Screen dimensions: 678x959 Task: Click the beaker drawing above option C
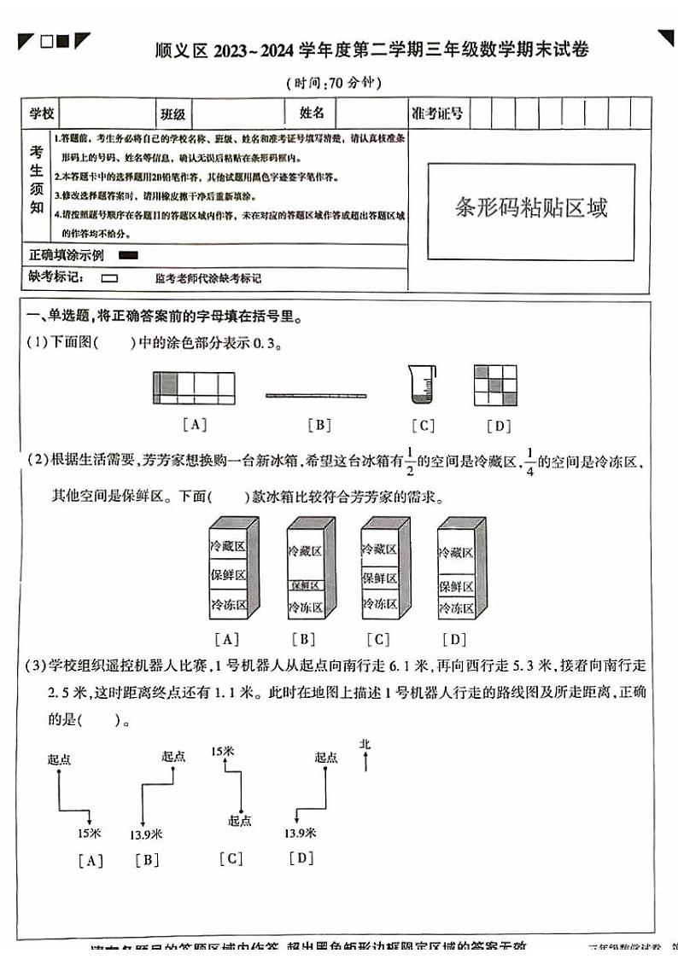(x=422, y=385)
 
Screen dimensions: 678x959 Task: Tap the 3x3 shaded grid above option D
(x=495, y=386)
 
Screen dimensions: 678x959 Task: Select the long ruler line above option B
(x=316, y=395)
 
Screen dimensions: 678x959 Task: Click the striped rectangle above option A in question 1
(x=194, y=387)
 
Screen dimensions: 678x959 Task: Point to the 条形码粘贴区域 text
(x=531, y=207)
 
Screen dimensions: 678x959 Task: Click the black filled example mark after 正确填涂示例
(x=129, y=255)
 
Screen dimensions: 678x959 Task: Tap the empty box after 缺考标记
(x=108, y=278)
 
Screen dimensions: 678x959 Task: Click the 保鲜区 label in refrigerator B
(x=305, y=585)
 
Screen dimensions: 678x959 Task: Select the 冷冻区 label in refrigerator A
(x=228, y=604)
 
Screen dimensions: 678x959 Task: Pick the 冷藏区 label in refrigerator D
(x=455, y=552)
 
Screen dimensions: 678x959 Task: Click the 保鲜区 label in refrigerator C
(x=379, y=578)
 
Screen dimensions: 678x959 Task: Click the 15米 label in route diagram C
(x=222, y=751)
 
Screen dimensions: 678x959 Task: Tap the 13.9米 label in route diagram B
(x=146, y=834)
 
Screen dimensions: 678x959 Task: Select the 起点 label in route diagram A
(x=60, y=758)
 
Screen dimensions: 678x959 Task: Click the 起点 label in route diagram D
(x=325, y=757)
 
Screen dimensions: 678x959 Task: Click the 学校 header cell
(x=42, y=113)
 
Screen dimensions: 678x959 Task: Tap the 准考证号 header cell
(x=437, y=113)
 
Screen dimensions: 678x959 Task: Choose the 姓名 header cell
(x=312, y=113)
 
